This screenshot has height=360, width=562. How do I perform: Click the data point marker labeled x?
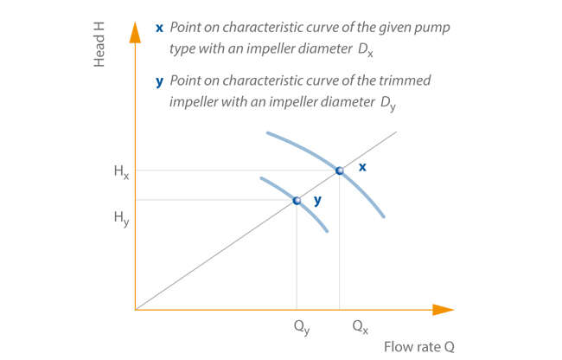339,170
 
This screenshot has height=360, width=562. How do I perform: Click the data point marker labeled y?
297,200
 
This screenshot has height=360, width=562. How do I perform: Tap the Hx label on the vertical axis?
120,171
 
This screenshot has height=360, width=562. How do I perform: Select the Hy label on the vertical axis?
120,218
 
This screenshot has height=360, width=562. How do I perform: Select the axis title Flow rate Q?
419,348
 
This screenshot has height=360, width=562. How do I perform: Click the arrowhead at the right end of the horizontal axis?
443,309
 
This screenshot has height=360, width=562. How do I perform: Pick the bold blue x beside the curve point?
362,166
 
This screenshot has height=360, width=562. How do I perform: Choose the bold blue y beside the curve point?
317,200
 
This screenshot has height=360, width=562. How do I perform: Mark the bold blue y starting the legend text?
159,80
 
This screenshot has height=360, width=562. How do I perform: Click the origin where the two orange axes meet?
136,309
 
